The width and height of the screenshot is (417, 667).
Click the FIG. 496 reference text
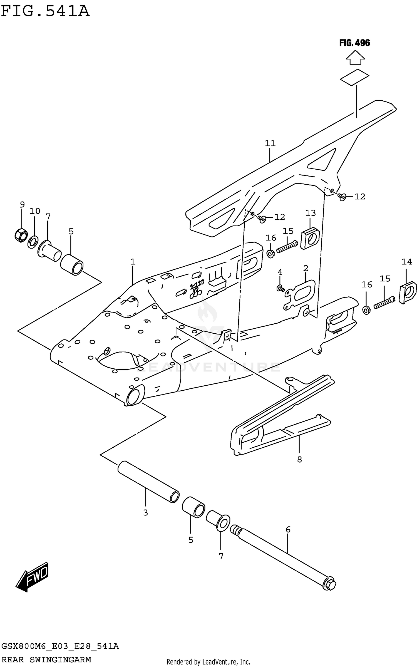(x=354, y=43)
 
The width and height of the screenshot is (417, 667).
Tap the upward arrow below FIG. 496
(x=355, y=58)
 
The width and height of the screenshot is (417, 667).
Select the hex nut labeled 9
(x=20, y=235)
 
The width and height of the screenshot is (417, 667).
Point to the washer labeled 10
(x=33, y=242)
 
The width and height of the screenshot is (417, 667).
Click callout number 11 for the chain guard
(x=270, y=143)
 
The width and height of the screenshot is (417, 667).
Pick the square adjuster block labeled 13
(x=310, y=238)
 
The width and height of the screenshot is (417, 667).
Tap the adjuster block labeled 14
(x=408, y=293)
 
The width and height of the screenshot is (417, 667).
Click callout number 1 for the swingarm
(x=133, y=262)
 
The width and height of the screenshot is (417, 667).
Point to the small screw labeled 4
(x=280, y=289)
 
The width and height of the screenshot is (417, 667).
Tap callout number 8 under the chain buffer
(x=299, y=460)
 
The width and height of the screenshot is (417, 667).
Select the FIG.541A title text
(x=45, y=11)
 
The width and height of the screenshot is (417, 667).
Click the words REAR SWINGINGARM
(x=46, y=659)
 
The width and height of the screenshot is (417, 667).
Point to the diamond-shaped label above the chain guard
(x=355, y=77)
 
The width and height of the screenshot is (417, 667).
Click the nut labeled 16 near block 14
(x=366, y=310)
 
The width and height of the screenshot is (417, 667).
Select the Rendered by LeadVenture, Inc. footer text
(x=208, y=662)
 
